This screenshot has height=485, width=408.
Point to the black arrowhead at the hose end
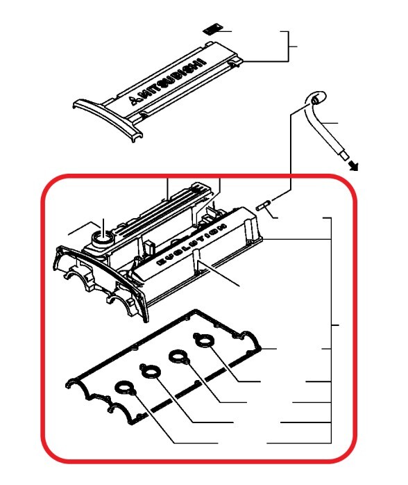click(354, 166)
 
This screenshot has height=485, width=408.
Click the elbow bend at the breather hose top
click(316, 99)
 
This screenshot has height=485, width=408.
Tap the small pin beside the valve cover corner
click(264, 206)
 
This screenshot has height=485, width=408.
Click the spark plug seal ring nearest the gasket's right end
click(203, 341)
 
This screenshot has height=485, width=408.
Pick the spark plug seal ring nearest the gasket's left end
click(125, 388)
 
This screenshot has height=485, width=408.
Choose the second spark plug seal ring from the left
click(151, 371)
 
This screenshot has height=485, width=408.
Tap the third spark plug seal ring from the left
click(179, 357)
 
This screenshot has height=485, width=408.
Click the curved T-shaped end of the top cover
click(108, 118)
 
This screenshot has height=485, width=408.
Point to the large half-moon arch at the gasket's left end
click(79, 384)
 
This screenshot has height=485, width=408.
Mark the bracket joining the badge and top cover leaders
click(289, 47)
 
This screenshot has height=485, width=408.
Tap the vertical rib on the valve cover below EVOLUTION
click(196, 261)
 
